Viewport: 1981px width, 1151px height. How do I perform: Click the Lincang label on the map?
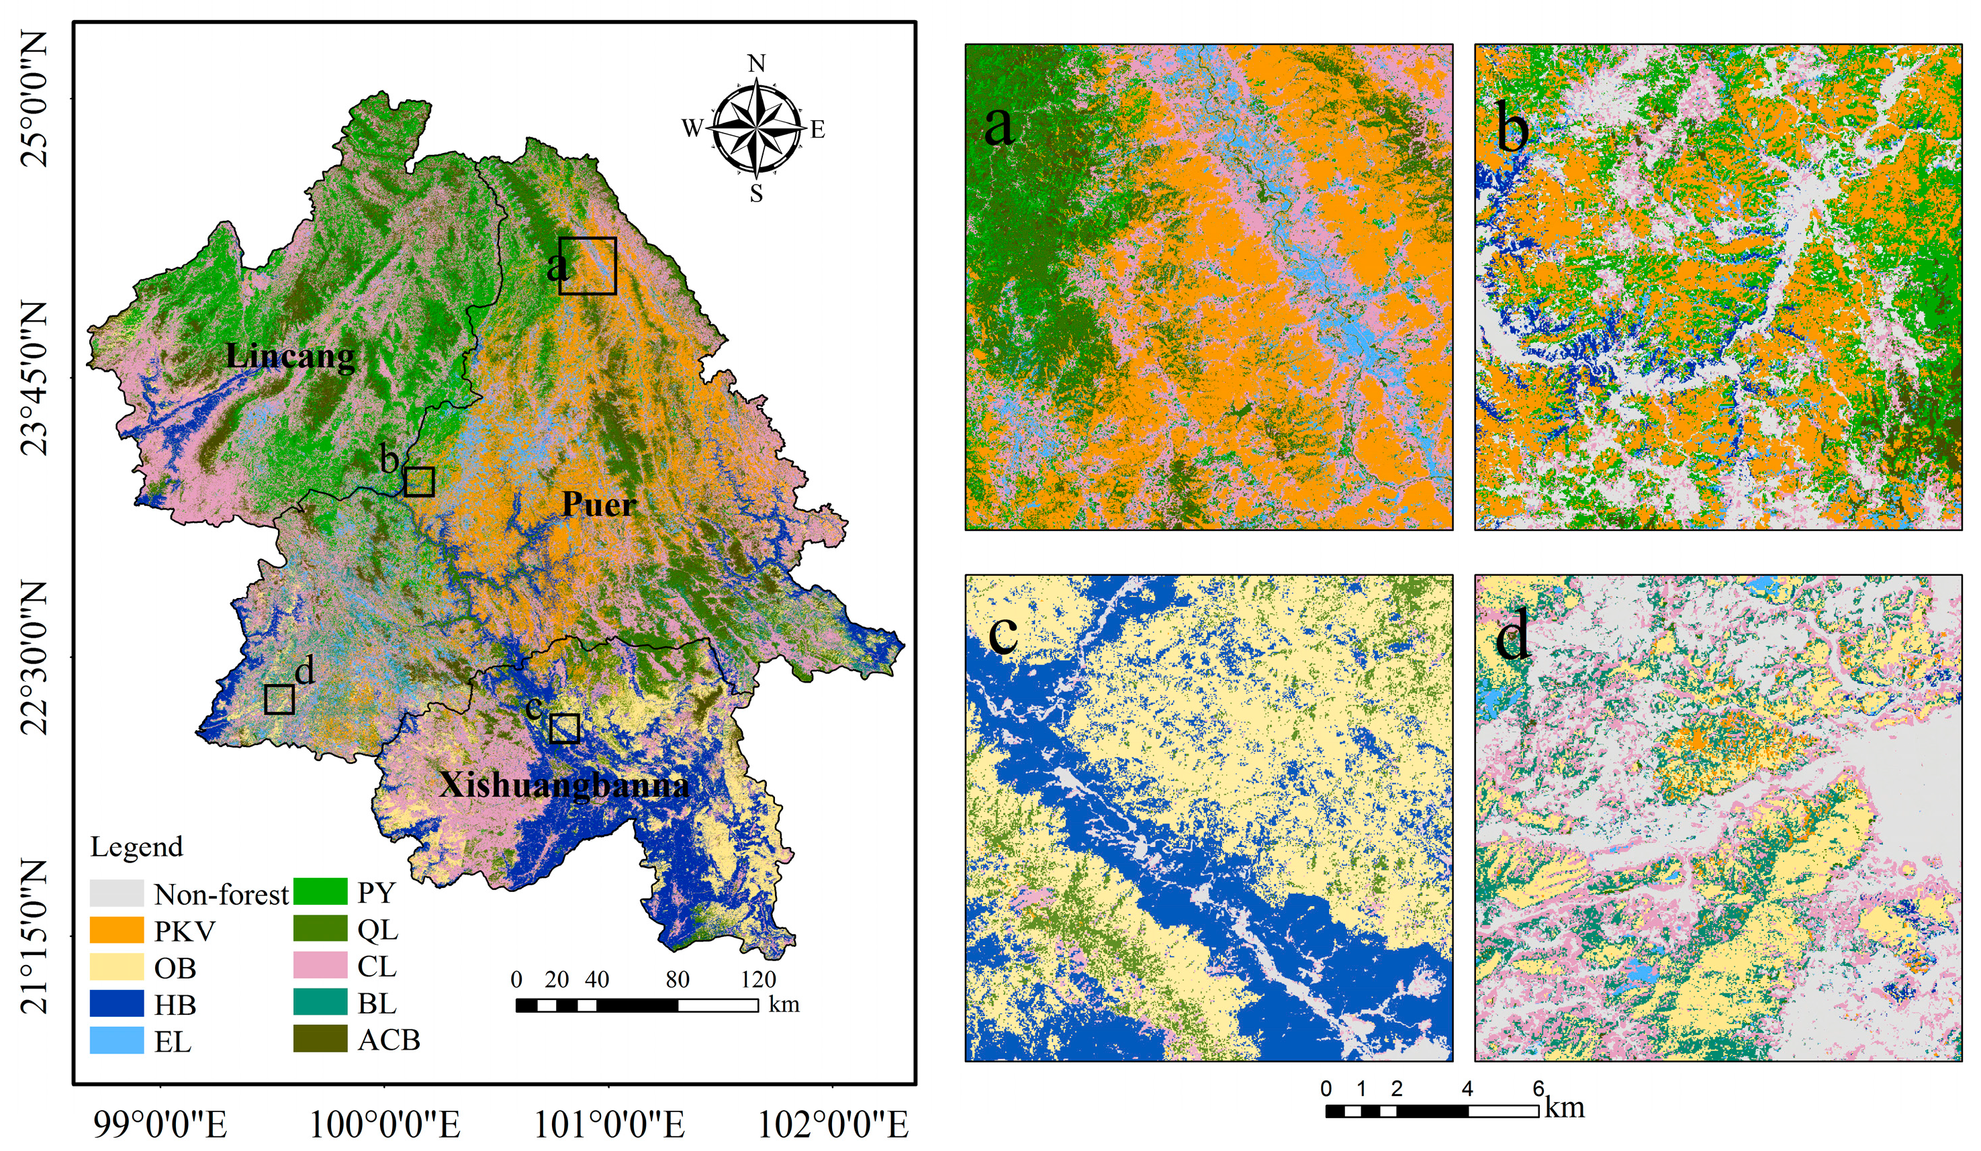click(290, 356)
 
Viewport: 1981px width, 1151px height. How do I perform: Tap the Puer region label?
click(599, 503)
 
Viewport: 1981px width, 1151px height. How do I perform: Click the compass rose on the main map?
click(755, 128)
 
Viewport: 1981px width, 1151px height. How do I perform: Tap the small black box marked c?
click(565, 728)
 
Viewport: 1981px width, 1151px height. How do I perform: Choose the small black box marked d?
click(279, 699)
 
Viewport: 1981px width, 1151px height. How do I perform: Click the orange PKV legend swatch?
click(116, 931)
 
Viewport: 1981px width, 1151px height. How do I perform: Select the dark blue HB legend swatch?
click(116, 1004)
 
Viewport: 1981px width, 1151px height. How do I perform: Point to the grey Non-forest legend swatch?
click(116, 894)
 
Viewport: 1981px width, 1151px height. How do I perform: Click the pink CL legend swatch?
click(320, 966)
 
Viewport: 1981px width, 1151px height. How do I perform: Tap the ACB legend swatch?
click(320, 1040)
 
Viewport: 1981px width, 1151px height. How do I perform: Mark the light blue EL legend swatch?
click(116, 1041)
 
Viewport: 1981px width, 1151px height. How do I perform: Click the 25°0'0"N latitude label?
click(35, 100)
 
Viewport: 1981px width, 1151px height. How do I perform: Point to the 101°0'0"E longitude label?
click(608, 1125)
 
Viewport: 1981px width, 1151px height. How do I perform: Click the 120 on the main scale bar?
click(757, 980)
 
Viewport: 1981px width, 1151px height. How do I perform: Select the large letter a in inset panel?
click(999, 126)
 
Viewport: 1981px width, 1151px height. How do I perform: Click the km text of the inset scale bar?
click(1565, 1108)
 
